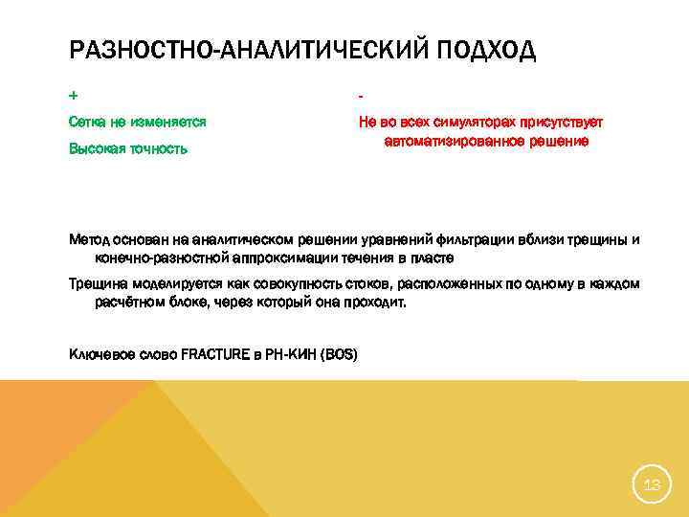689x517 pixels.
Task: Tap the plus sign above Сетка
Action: [x=74, y=97]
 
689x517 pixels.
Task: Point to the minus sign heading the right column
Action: [x=361, y=97]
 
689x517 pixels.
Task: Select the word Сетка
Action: [x=88, y=123]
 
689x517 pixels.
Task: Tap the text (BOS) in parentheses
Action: [x=339, y=353]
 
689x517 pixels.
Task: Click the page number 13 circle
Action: [x=652, y=485]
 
